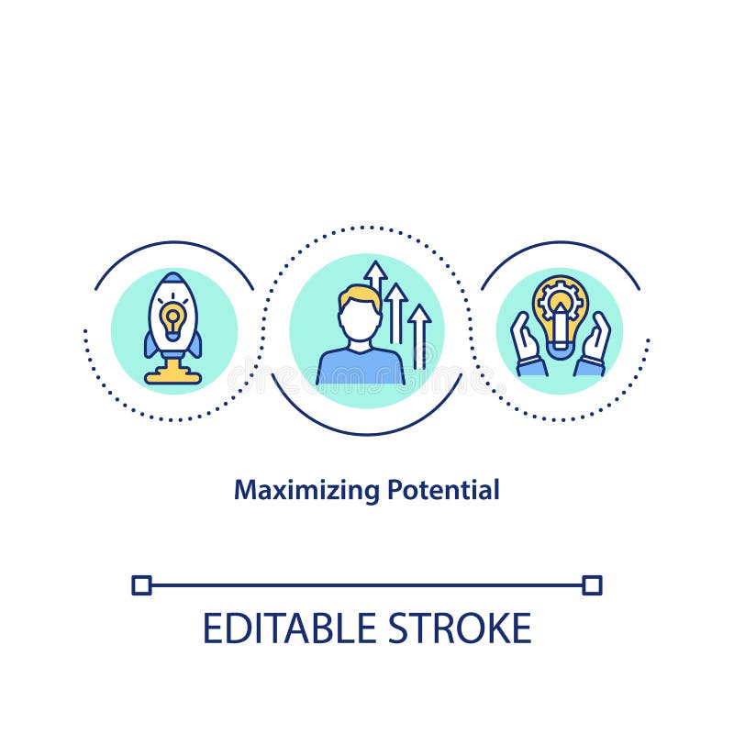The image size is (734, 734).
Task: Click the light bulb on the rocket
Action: point(172,317)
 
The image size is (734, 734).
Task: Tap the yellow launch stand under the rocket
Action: point(172,373)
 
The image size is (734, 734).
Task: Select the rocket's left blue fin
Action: point(150,344)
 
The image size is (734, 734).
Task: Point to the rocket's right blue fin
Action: point(195,344)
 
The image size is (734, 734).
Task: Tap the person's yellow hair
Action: point(359,295)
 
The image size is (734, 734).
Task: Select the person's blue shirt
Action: point(361,367)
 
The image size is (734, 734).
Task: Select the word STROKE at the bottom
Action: point(459,628)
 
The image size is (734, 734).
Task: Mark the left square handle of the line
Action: point(141,584)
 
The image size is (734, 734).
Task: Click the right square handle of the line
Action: point(593,584)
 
